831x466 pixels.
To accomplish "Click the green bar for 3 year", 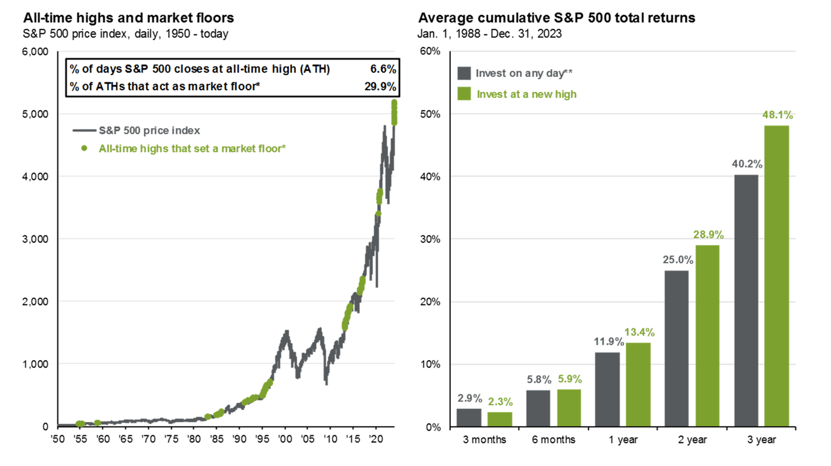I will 776,276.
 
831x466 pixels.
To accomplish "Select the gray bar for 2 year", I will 676,348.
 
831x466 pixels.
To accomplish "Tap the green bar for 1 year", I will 638,384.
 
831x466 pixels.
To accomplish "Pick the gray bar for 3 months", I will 469,417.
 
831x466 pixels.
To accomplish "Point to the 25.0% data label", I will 677,260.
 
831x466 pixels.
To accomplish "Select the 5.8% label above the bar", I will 538,380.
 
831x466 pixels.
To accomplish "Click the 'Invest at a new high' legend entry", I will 526,94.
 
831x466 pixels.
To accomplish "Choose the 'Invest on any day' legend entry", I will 524,73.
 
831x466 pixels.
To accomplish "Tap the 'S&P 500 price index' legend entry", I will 149,130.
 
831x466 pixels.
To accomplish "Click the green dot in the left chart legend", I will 84,148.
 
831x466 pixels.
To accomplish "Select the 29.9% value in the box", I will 380,87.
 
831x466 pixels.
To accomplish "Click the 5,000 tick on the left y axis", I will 36,114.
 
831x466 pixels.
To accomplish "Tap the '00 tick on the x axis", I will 285,439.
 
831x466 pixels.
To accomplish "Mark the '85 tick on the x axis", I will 216,439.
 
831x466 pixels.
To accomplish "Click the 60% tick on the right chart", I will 430,52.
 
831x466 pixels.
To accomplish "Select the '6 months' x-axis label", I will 553,440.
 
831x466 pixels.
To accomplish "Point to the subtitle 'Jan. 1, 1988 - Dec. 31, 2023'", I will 489,34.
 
